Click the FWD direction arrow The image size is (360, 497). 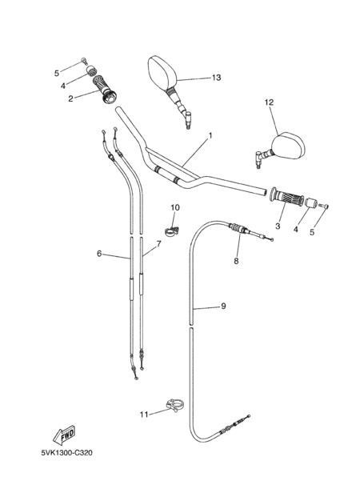(x=64, y=435)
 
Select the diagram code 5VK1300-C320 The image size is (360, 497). (x=67, y=453)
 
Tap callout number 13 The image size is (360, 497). (x=216, y=78)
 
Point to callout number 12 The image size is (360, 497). (x=269, y=102)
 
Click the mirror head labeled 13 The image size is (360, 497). (x=162, y=73)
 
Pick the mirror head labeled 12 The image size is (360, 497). (x=288, y=145)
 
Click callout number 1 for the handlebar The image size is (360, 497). (x=210, y=136)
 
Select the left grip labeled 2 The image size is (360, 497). (x=105, y=88)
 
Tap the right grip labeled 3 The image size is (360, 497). (x=286, y=199)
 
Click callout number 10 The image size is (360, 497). (x=175, y=207)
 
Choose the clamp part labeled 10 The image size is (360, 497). (x=171, y=230)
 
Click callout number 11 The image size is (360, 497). (x=144, y=415)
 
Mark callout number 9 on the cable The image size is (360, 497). (x=223, y=307)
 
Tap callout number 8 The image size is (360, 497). (x=236, y=261)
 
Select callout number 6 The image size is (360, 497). (x=99, y=254)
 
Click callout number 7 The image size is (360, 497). (x=158, y=244)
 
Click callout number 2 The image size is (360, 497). (x=70, y=98)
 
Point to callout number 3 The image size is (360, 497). (x=278, y=226)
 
